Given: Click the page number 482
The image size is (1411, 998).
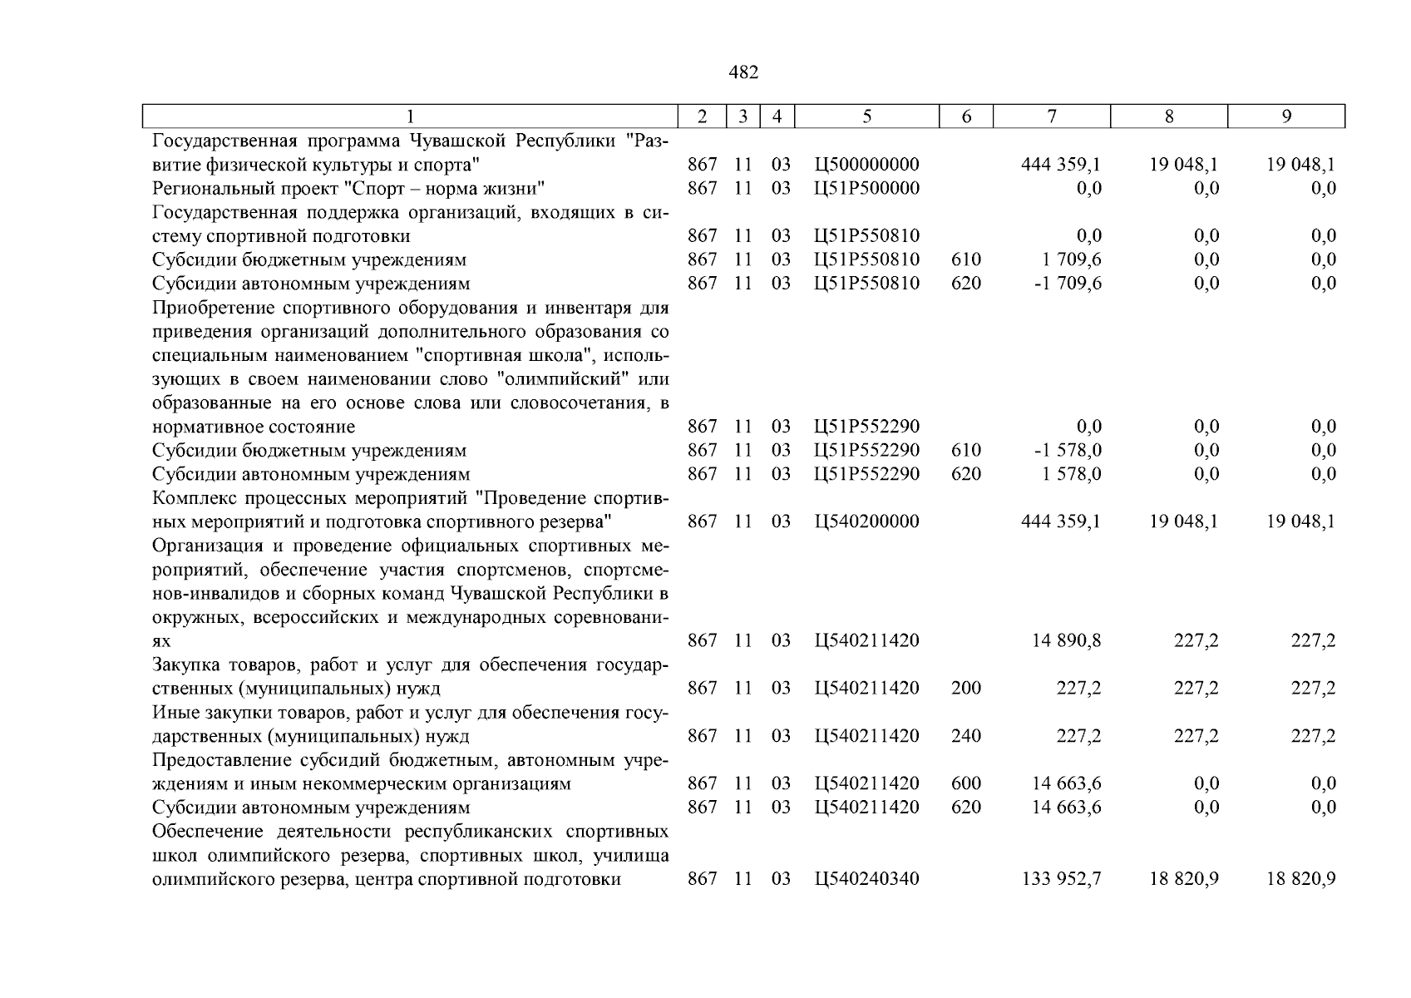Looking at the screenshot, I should click(x=743, y=72).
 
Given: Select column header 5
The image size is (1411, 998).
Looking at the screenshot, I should click(x=866, y=116).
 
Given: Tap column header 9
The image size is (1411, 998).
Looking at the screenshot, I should click(x=1286, y=116).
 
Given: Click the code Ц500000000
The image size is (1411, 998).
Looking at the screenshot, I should click(x=867, y=165).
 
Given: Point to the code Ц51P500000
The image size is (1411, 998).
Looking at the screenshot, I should click(x=867, y=188).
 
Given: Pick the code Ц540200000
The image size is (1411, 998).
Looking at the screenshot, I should click(x=867, y=521).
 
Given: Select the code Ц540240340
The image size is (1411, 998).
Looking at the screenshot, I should click(x=867, y=878).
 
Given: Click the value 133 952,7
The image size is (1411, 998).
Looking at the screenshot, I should click(x=1061, y=878).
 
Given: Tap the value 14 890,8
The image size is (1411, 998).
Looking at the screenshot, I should click(x=1067, y=640).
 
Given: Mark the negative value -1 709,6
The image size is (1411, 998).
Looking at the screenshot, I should click(x=1067, y=284).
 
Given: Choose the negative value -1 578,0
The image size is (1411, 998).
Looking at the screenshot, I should click(x=1067, y=450).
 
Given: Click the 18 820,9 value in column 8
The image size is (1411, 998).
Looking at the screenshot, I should click(x=1184, y=878).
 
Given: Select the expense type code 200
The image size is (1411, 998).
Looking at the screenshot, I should click(x=966, y=688).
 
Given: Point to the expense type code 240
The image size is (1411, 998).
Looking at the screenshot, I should click(x=966, y=736).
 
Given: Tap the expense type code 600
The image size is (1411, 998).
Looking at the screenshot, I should click(x=966, y=783).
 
